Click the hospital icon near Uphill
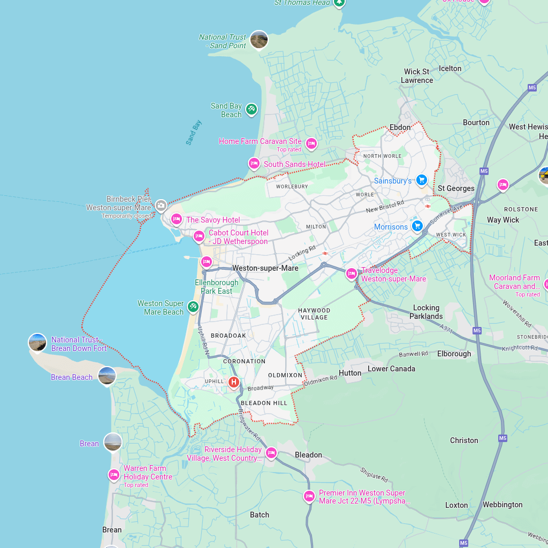[234, 382]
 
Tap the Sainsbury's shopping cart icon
[422, 180]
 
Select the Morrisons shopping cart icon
[417, 226]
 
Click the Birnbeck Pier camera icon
[161, 205]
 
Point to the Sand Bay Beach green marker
[252, 110]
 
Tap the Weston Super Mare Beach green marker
[193, 307]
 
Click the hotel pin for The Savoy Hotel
[176, 219]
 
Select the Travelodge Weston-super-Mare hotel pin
[352, 273]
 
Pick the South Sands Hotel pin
[254, 163]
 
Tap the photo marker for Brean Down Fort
[37, 342]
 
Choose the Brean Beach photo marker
[107, 376]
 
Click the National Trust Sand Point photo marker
[259, 40]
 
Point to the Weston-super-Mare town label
[265, 268]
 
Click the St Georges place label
[456, 188]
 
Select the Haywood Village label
[314, 314]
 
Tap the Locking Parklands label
[426, 312]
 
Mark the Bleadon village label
[308, 455]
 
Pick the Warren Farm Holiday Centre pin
[113, 475]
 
